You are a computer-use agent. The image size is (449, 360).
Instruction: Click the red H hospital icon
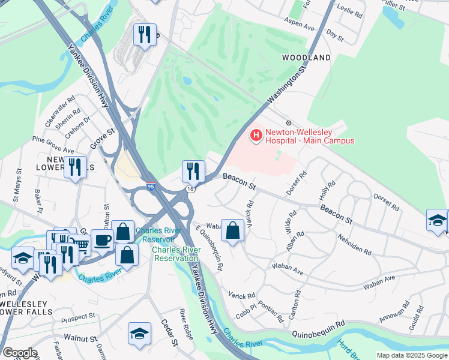256,135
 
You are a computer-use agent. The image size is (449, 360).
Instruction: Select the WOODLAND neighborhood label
306,58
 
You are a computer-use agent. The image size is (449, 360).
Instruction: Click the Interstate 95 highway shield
151,187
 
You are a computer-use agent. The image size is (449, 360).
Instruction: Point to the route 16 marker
190,189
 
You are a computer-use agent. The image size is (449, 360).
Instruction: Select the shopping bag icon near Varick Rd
233,230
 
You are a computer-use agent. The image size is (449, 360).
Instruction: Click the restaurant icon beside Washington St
193,171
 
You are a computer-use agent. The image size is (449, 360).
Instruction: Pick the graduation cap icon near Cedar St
139,333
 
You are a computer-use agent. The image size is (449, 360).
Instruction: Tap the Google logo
20,353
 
